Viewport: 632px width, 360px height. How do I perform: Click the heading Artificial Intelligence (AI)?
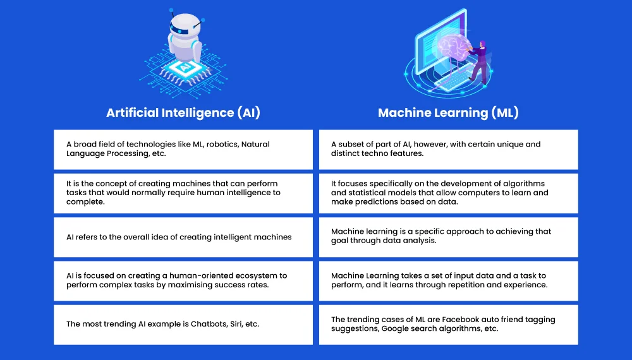tap(183, 112)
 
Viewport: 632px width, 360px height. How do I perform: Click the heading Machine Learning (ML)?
tap(448, 112)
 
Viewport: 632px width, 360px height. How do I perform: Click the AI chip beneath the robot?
tap(185, 68)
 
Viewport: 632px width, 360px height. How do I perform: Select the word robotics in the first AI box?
tap(222, 144)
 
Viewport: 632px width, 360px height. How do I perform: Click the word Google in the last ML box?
tap(393, 328)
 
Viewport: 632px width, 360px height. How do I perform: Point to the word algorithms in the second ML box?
tap(524, 184)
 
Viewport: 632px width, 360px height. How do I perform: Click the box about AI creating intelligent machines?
tap(183, 237)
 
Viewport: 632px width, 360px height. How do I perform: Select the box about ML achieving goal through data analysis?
tap(448, 237)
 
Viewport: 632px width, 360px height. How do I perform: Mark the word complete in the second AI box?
tap(85, 201)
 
